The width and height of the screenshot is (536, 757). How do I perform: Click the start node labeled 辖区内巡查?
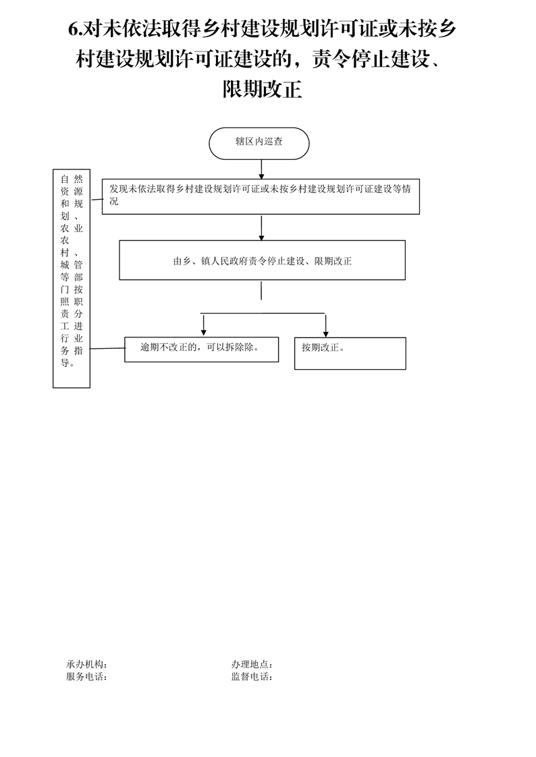click(x=259, y=144)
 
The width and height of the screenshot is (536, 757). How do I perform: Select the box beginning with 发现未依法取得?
click(x=261, y=196)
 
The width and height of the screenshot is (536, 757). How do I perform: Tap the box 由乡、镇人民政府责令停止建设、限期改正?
click(x=262, y=260)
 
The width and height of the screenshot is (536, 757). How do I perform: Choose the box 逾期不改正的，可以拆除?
click(x=201, y=349)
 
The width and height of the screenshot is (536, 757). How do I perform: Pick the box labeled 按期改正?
click(x=350, y=354)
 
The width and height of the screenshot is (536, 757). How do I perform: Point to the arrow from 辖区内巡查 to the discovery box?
click(x=261, y=169)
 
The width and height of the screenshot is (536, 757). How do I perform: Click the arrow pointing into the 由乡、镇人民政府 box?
click(x=261, y=228)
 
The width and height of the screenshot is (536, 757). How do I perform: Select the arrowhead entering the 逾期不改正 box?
click(x=204, y=332)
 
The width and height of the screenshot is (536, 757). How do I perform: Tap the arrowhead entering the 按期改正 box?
click(x=326, y=333)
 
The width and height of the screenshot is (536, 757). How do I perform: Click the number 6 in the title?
click(x=74, y=30)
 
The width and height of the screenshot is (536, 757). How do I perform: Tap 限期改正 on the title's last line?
click(x=262, y=89)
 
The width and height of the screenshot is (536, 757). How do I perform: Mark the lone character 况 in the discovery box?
click(x=113, y=201)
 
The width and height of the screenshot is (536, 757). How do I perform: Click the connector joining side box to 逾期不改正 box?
click(x=107, y=348)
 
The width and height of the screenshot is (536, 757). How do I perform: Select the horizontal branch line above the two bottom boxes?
click(x=262, y=313)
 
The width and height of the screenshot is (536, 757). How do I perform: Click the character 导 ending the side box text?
click(x=65, y=362)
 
